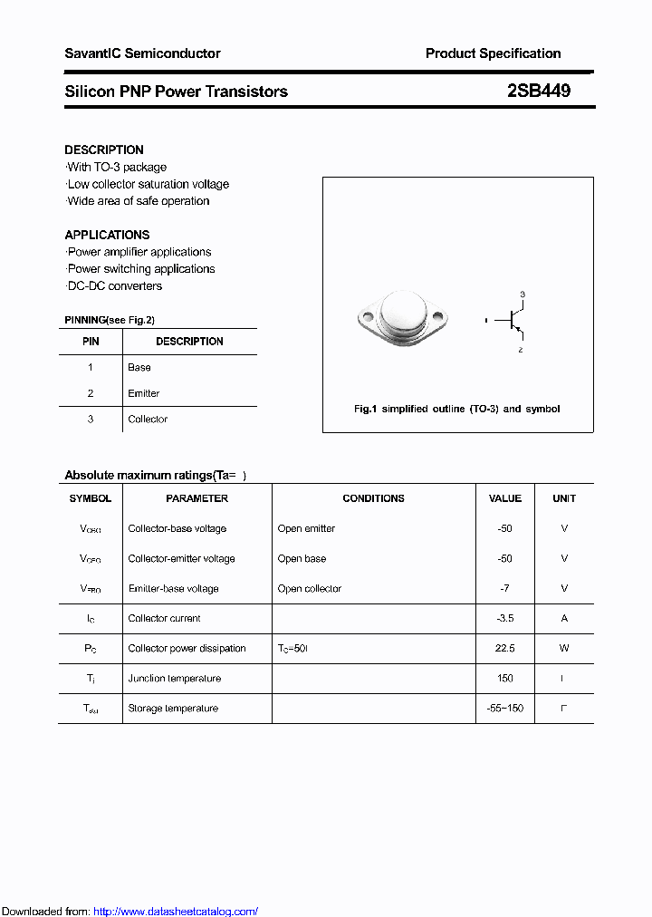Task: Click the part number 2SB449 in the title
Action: tap(539, 92)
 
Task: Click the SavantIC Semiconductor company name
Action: tap(142, 53)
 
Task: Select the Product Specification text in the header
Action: tap(493, 53)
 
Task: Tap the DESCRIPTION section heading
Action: tap(104, 150)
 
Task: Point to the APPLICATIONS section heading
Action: tap(107, 235)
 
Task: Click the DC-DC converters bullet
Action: tap(115, 285)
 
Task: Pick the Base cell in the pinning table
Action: tap(139, 367)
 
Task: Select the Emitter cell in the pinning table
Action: tap(144, 393)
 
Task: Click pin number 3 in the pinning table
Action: tap(91, 419)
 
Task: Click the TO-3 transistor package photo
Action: tap(402, 318)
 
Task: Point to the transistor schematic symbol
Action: tap(513, 321)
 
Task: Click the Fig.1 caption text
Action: tap(456, 409)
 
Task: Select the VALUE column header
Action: tap(504, 498)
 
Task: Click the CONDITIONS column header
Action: tap(373, 498)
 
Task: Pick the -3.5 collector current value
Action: tap(504, 618)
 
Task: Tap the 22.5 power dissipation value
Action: tap(504, 648)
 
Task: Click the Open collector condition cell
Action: tap(310, 588)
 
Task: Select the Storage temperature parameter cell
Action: tap(173, 708)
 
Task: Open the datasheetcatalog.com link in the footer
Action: tap(176, 912)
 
